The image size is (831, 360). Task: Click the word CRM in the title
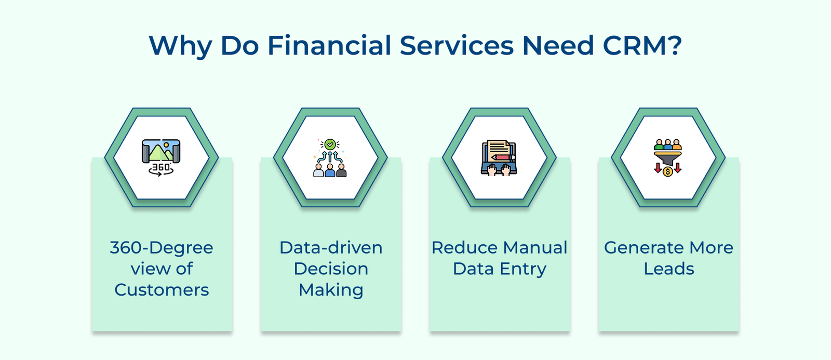pyautogui.click(x=641, y=46)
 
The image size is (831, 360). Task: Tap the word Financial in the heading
pyautogui.click(x=329, y=46)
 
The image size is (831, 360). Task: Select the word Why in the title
pyautogui.click(x=180, y=47)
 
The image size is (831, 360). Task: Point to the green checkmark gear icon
pyautogui.click(x=330, y=144)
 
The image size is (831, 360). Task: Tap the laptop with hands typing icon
pyautogui.click(x=499, y=158)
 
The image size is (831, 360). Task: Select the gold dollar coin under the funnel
pyautogui.click(x=668, y=171)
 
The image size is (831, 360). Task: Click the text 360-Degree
pyautogui.click(x=162, y=248)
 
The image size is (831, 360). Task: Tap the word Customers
pyautogui.click(x=162, y=290)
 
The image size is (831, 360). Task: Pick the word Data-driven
pyautogui.click(x=331, y=248)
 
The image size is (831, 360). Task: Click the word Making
pyautogui.click(x=331, y=290)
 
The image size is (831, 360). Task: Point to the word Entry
pyautogui.click(x=522, y=269)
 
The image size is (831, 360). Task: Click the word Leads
pyautogui.click(x=668, y=269)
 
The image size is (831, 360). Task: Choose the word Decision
pyautogui.click(x=331, y=269)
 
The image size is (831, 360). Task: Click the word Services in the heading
pyautogui.click(x=457, y=46)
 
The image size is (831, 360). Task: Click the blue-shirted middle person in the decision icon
pyautogui.click(x=330, y=170)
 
